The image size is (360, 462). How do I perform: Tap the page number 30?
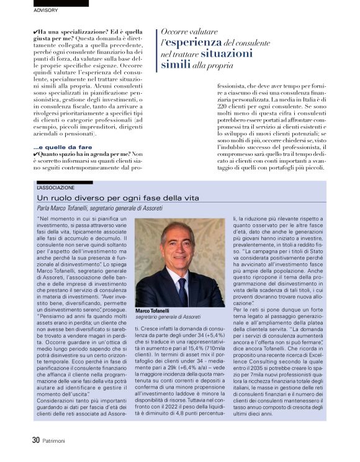click(x=36, y=440)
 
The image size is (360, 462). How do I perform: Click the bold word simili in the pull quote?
click(x=176, y=64)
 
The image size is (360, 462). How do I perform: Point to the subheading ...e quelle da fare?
click(x=55, y=146)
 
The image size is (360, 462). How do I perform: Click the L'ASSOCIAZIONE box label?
click(x=56, y=187)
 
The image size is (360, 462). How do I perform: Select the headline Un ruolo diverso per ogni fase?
click(x=118, y=197)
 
